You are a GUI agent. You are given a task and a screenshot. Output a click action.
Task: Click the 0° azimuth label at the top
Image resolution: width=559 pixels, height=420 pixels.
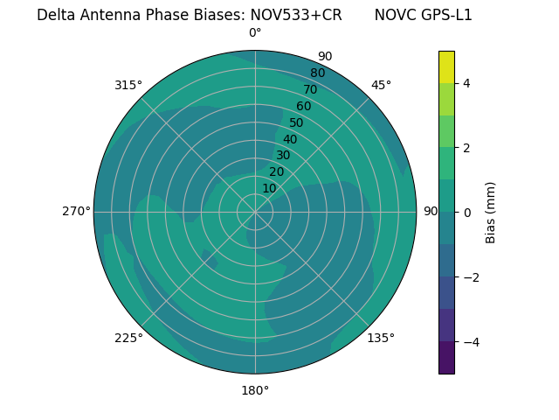(x=255, y=33)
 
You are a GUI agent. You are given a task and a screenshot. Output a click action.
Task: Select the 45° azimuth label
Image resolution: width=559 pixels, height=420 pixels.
(x=381, y=85)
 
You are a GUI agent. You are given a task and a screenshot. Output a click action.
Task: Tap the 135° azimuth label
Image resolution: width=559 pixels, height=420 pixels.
(x=381, y=338)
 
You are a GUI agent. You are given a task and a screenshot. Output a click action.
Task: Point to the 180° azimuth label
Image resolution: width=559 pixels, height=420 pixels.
(x=255, y=390)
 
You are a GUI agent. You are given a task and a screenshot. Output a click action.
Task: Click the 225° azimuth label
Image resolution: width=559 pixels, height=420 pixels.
(x=128, y=338)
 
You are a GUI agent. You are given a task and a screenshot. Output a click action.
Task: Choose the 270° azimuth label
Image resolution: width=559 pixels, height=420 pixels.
(x=76, y=211)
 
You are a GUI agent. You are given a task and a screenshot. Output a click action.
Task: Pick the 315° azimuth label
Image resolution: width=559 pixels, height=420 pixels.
(x=128, y=85)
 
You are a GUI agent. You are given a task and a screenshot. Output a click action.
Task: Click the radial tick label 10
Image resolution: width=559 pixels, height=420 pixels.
(x=269, y=188)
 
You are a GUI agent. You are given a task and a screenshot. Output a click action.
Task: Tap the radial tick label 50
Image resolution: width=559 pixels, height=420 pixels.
(x=297, y=122)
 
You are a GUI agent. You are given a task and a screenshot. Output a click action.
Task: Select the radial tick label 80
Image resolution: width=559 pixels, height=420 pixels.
(x=317, y=73)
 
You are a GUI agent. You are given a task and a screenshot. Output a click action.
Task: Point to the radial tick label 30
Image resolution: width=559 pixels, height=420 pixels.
(x=283, y=156)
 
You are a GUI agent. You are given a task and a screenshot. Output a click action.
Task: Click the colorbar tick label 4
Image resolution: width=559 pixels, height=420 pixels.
(x=466, y=83)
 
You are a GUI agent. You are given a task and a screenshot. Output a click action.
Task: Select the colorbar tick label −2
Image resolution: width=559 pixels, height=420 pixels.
(x=470, y=277)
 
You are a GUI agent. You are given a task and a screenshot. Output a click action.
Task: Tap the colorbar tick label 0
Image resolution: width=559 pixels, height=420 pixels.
(x=466, y=213)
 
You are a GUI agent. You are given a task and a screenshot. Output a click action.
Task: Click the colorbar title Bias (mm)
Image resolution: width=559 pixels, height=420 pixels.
(x=491, y=213)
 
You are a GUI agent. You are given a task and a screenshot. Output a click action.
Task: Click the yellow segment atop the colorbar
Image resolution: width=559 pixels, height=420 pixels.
(x=446, y=66)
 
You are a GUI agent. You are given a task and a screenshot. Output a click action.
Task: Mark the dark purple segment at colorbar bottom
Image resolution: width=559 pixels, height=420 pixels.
(x=446, y=358)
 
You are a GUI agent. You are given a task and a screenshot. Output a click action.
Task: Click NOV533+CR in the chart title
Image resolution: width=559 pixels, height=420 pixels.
(x=296, y=15)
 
